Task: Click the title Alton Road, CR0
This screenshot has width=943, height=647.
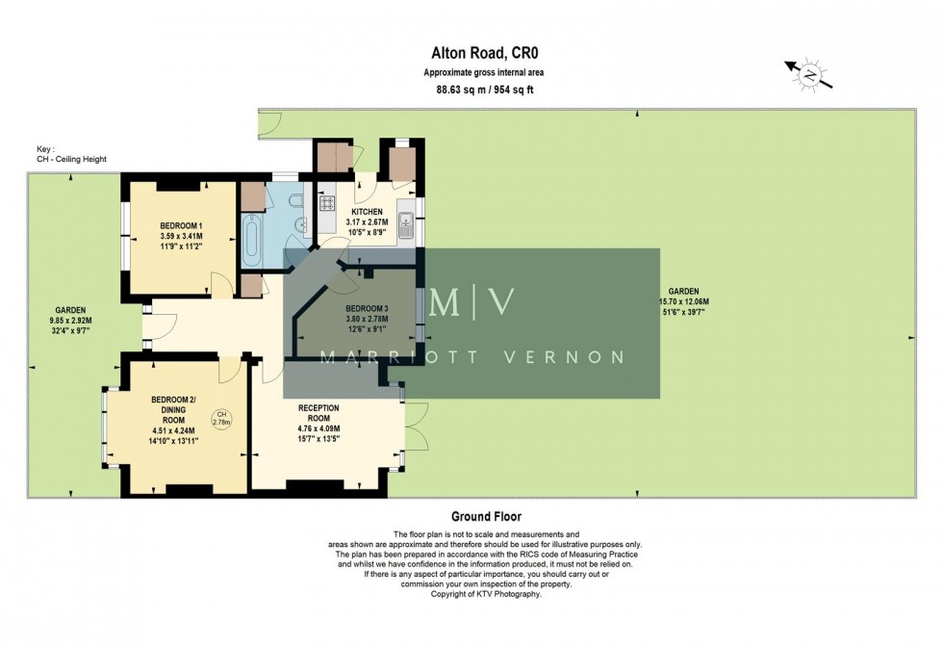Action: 471,56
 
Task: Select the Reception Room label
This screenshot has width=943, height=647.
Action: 319,419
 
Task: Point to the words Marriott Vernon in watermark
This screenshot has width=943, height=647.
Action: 471,357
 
